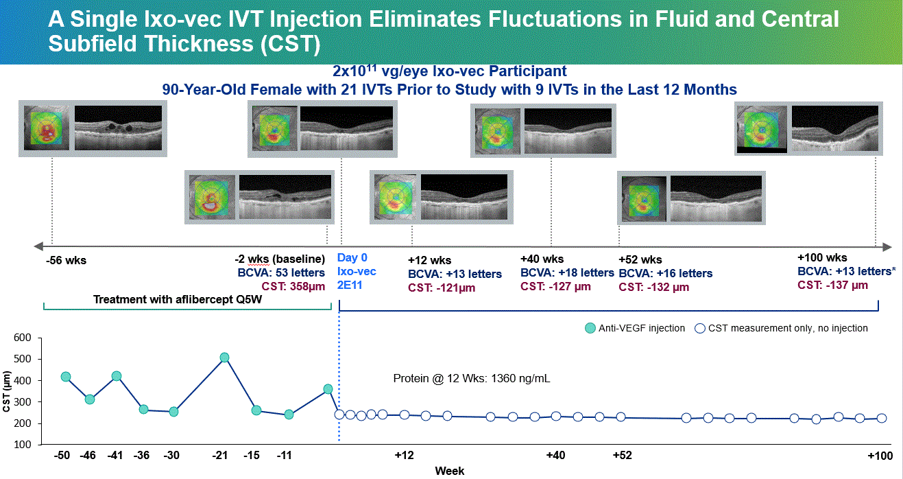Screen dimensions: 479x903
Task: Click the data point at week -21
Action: [x=224, y=358]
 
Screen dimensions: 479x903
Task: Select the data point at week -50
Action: [x=66, y=377]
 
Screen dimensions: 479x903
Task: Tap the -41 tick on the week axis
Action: [x=116, y=456]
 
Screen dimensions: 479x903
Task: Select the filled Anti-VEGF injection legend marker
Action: [x=590, y=328]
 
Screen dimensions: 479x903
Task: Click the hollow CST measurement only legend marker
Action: [x=701, y=328]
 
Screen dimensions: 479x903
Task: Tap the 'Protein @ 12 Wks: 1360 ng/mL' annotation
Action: [x=472, y=378]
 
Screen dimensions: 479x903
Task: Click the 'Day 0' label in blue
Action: [x=352, y=258]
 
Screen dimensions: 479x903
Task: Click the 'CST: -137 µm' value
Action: [x=833, y=285]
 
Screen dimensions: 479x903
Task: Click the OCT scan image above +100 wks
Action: [x=834, y=128]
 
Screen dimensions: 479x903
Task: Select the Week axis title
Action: [x=450, y=471]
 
